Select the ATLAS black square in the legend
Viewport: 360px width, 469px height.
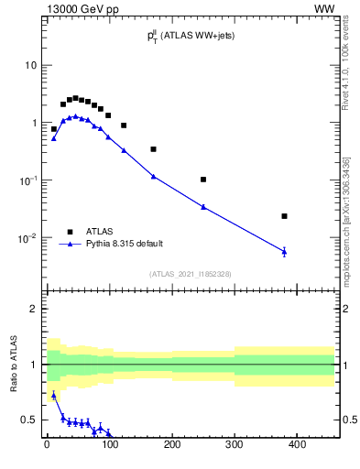(x=70, y=231)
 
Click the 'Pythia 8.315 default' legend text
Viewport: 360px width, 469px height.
(x=125, y=244)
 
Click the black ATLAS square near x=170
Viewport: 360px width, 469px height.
(x=153, y=148)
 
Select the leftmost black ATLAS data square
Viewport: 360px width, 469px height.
(x=54, y=129)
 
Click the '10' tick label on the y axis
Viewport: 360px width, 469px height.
(x=31, y=65)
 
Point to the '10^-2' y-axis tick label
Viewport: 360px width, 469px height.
(x=27, y=238)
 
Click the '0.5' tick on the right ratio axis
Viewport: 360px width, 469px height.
(x=349, y=420)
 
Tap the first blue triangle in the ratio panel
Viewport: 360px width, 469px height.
(x=54, y=395)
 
